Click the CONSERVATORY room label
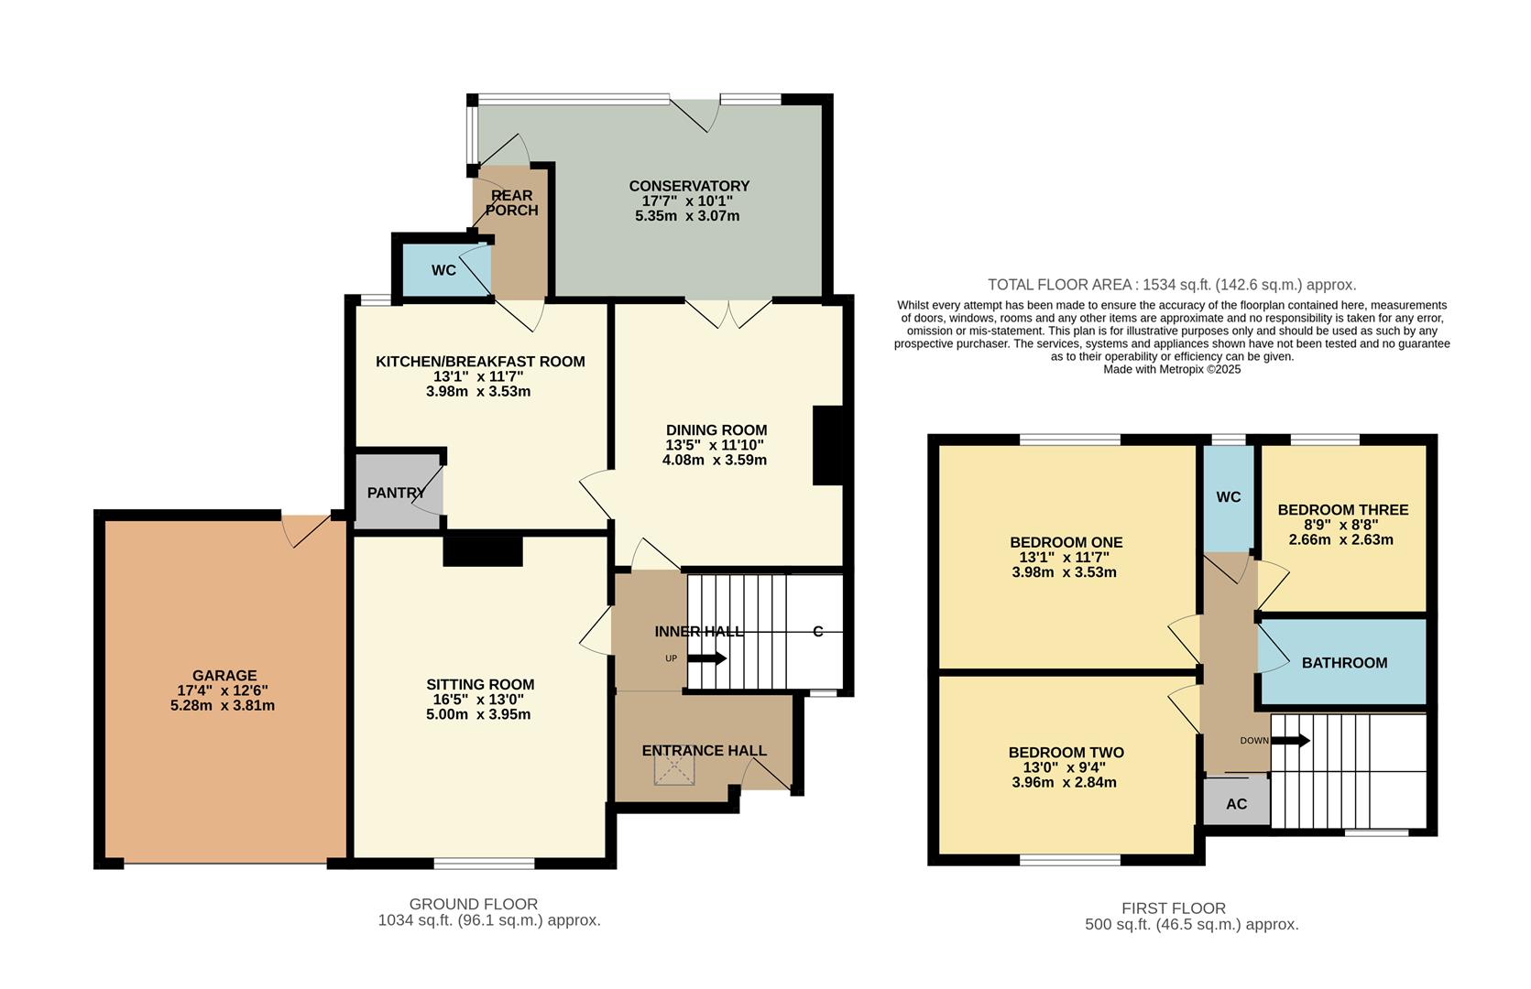[x=688, y=186]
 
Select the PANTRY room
[x=396, y=493]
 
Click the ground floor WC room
[x=443, y=270]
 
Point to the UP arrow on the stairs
[x=706, y=658]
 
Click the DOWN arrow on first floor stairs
[x=1290, y=740]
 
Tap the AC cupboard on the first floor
[x=1236, y=804]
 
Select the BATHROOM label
[x=1344, y=663]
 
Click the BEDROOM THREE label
[x=1342, y=510]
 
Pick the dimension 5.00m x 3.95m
[x=478, y=714]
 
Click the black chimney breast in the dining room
[x=827, y=445]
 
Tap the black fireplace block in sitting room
[x=483, y=551]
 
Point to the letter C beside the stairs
[x=817, y=632]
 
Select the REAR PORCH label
[x=511, y=202]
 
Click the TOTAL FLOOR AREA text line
[x=1171, y=285]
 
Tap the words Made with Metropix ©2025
[x=1171, y=369]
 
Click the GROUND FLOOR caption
[x=473, y=904]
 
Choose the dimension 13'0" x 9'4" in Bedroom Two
[x=1066, y=767]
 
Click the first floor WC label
[x=1228, y=497]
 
